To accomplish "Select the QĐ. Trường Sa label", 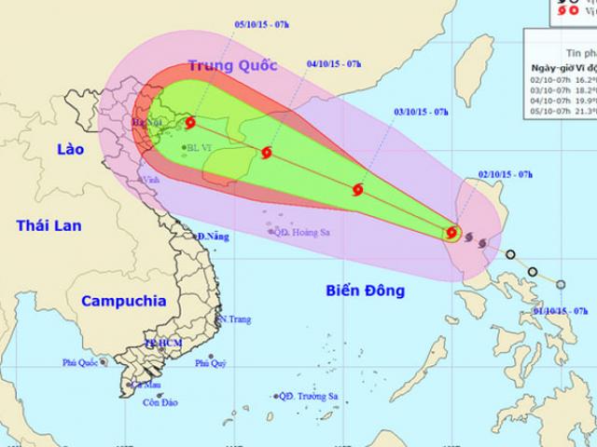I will click(309, 396).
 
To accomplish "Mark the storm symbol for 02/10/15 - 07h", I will click(451, 233).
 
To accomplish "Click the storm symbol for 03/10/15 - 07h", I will click(357, 191).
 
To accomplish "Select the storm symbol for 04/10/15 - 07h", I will click(268, 153).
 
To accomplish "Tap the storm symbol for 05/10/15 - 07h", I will click(190, 122).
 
